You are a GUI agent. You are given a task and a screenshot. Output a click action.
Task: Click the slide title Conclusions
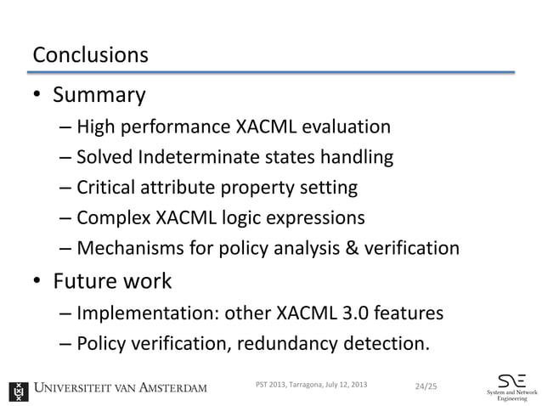pyautogui.click(x=90, y=55)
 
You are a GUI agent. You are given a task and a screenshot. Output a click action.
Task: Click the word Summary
pyautogui.click(x=99, y=94)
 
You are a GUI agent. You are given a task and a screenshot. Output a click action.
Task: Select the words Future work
pyautogui.click(x=111, y=280)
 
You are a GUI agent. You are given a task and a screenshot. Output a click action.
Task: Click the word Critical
pyautogui.click(x=108, y=187)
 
